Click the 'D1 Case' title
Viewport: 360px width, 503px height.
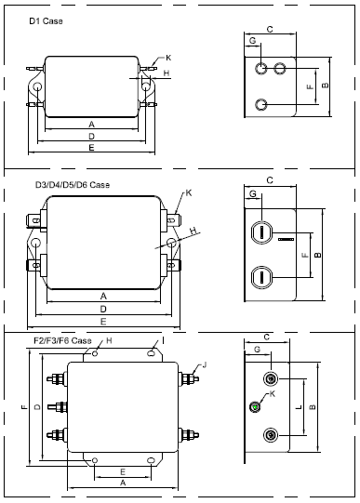(x=46, y=21)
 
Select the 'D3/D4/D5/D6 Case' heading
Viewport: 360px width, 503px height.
(x=73, y=185)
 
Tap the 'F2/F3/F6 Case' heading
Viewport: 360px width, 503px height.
(x=62, y=340)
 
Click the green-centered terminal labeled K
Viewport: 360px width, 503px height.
(x=255, y=406)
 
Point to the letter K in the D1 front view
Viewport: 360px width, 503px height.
(x=168, y=58)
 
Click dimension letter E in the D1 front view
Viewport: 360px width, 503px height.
(x=91, y=148)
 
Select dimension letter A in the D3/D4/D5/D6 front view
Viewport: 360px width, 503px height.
(x=103, y=296)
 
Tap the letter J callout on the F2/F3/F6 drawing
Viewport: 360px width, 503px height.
(x=205, y=364)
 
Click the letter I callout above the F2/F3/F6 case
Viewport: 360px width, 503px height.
(x=163, y=340)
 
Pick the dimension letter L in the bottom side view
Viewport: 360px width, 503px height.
(x=299, y=407)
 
